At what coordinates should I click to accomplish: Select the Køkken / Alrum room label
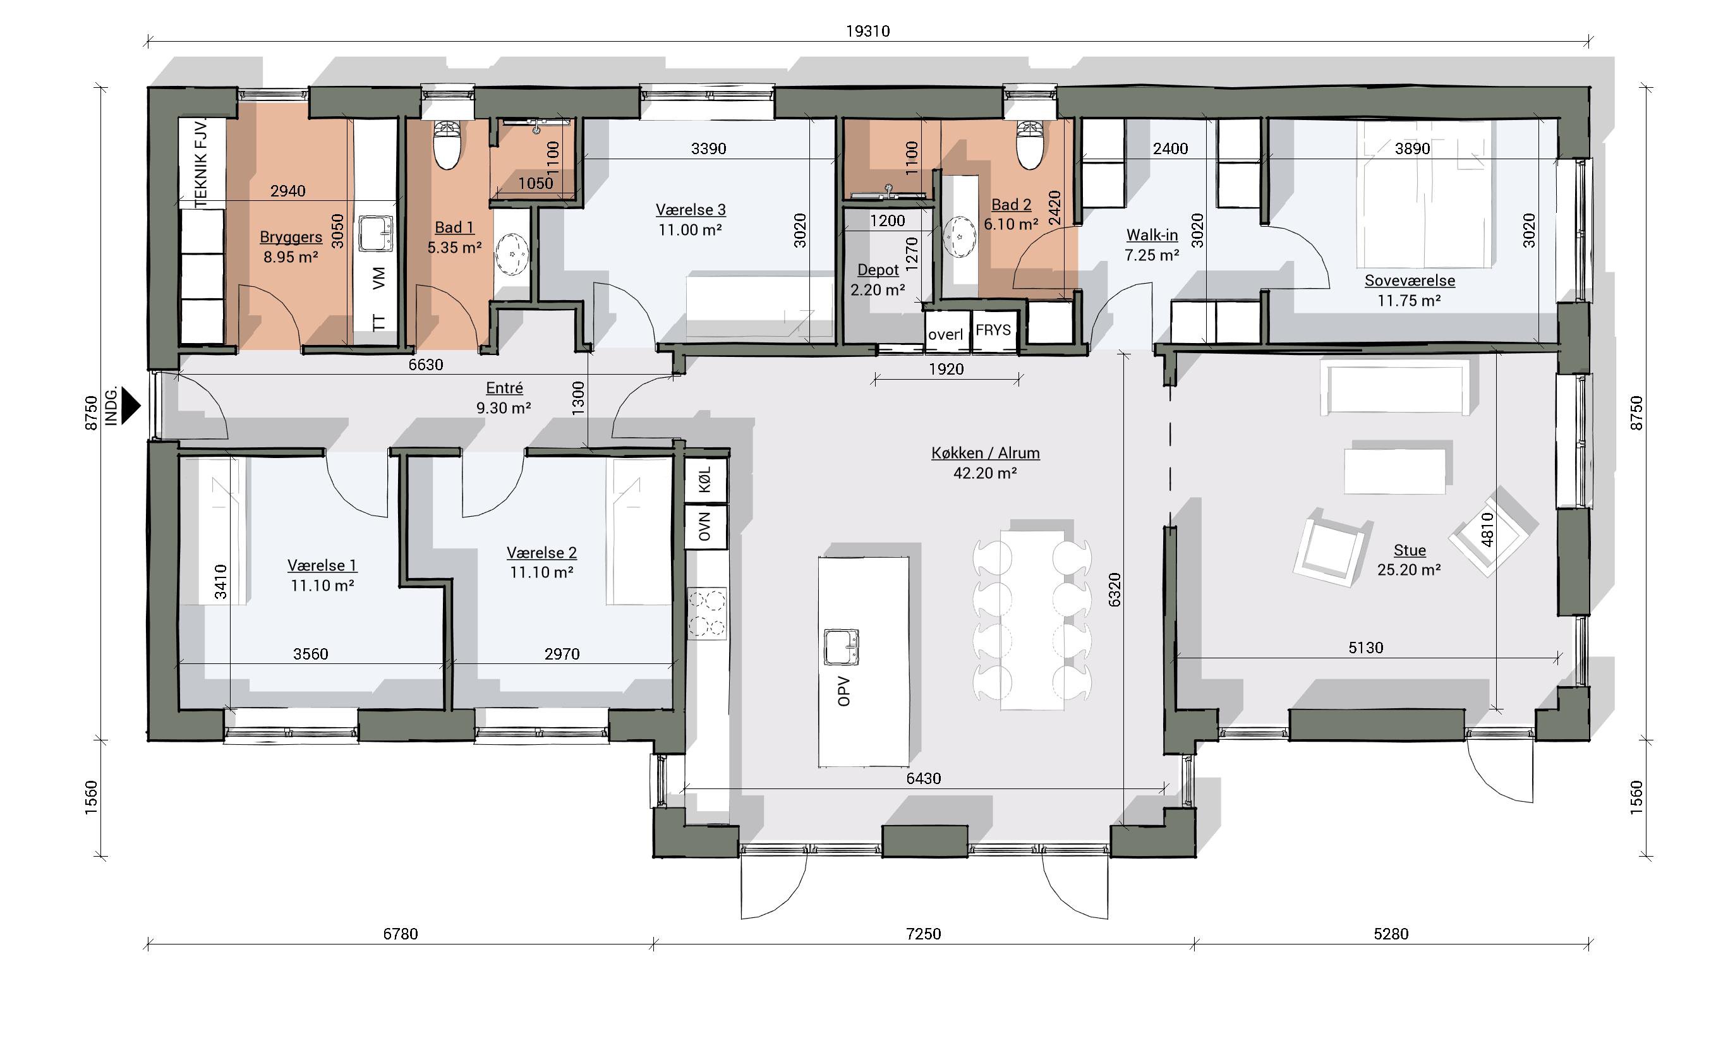pos(986,453)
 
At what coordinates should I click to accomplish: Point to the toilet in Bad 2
pos(1030,145)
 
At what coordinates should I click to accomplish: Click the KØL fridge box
pos(706,480)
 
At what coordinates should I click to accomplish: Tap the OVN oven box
pos(706,526)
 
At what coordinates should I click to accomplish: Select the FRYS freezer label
pos(993,330)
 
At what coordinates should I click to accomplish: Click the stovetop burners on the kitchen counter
pos(706,613)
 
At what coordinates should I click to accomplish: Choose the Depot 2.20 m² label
pos(878,280)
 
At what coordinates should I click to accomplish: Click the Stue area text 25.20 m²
pos(1409,569)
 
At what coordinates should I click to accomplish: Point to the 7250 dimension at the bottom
pos(924,934)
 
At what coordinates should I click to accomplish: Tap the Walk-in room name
pos(1152,235)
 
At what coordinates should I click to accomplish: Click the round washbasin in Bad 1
pos(512,254)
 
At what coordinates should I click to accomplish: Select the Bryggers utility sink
pos(375,233)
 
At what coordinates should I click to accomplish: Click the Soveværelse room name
pos(1410,281)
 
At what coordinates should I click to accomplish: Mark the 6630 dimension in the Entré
pos(425,365)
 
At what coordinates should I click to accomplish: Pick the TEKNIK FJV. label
pos(202,163)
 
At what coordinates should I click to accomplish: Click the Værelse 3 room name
pos(690,210)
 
